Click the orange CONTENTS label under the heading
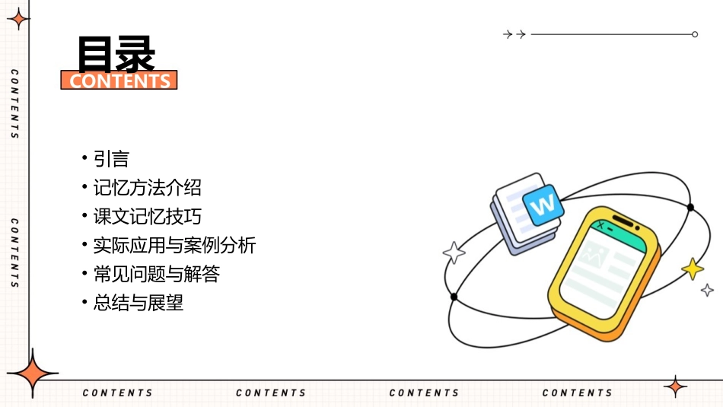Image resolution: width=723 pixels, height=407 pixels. [119, 81]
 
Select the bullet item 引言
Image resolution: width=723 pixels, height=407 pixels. [111, 158]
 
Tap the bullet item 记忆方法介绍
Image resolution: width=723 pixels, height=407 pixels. [147, 187]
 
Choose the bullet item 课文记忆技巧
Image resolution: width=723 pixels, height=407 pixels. [147, 216]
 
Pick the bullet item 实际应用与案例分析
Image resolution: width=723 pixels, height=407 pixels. [174, 245]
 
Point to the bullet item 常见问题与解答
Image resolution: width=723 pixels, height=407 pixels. [156, 274]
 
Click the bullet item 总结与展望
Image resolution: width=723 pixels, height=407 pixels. [138, 303]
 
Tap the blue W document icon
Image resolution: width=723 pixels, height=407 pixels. [543, 205]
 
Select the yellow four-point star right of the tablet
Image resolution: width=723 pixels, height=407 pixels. [693, 269]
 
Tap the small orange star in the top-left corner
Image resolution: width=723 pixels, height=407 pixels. [18, 18]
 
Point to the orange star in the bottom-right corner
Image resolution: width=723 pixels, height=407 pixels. [675, 386]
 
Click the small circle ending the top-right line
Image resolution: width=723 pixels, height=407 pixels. [695, 34]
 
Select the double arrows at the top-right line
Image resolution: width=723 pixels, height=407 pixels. [515, 34]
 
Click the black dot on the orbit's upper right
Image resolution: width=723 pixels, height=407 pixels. [690, 207]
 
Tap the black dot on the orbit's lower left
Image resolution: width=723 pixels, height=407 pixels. [454, 297]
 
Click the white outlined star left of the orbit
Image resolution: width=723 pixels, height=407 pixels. [454, 253]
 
